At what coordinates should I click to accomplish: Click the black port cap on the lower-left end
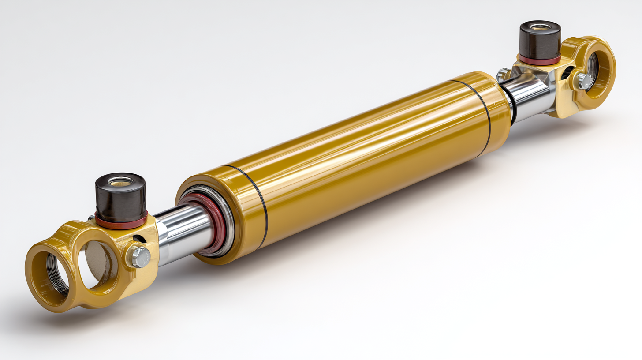click(121, 199)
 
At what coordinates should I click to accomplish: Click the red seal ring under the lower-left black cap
click(121, 221)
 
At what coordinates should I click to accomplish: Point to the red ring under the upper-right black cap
click(540, 60)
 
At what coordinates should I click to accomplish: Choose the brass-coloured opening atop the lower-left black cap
click(121, 180)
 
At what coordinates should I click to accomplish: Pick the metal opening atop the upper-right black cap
click(540, 27)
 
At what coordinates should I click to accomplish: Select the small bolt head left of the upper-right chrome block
click(503, 74)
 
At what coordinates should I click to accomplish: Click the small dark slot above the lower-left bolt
click(138, 239)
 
